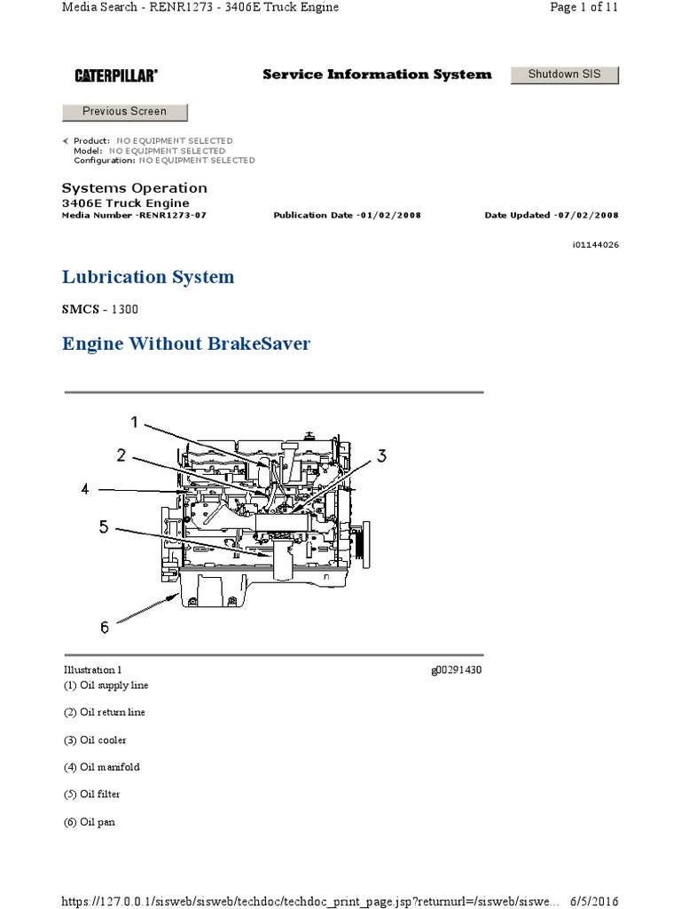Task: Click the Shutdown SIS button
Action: click(x=565, y=75)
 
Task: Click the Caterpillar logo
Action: click(x=116, y=75)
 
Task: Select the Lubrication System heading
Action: click(x=148, y=277)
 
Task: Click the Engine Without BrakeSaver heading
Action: click(x=186, y=344)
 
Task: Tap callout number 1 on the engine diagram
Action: click(x=135, y=422)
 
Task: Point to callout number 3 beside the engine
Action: click(x=381, y=455)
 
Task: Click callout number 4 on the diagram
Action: click(x=85, y=489)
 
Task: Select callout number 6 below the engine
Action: click(x=105, y=628)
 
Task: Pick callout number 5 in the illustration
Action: click(x=104, y=526)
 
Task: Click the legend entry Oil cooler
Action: click(x=95, y=740)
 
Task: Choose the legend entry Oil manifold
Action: click(x=102, y=767)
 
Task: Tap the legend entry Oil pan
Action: click(x=90, y=822)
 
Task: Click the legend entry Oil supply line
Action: click(x=106, y=685)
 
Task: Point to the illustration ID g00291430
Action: click(x=457, y=670)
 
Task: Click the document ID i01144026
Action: click(x=595, y=245)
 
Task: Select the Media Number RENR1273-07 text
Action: click(x=135, y=215)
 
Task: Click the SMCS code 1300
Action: click(x=124, y=309)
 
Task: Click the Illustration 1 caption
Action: click(x=92, y=670)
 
